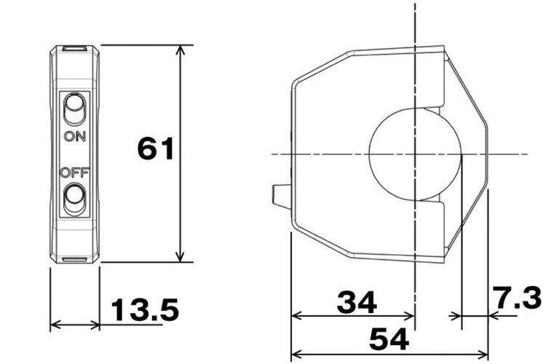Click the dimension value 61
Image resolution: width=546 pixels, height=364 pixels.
pos(155,149)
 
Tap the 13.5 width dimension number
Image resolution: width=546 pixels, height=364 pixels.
pos(145,309)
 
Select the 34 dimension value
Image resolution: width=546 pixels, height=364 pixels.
pos(357,302)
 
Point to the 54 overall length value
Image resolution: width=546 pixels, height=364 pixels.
pos(389,339)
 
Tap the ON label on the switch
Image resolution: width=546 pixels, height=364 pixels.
pos(75,136)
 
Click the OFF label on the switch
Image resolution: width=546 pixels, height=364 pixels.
pos(74,173)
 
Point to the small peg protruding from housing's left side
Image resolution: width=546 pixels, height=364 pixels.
pos(281,197)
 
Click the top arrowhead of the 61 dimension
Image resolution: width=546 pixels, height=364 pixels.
pos(180,51)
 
